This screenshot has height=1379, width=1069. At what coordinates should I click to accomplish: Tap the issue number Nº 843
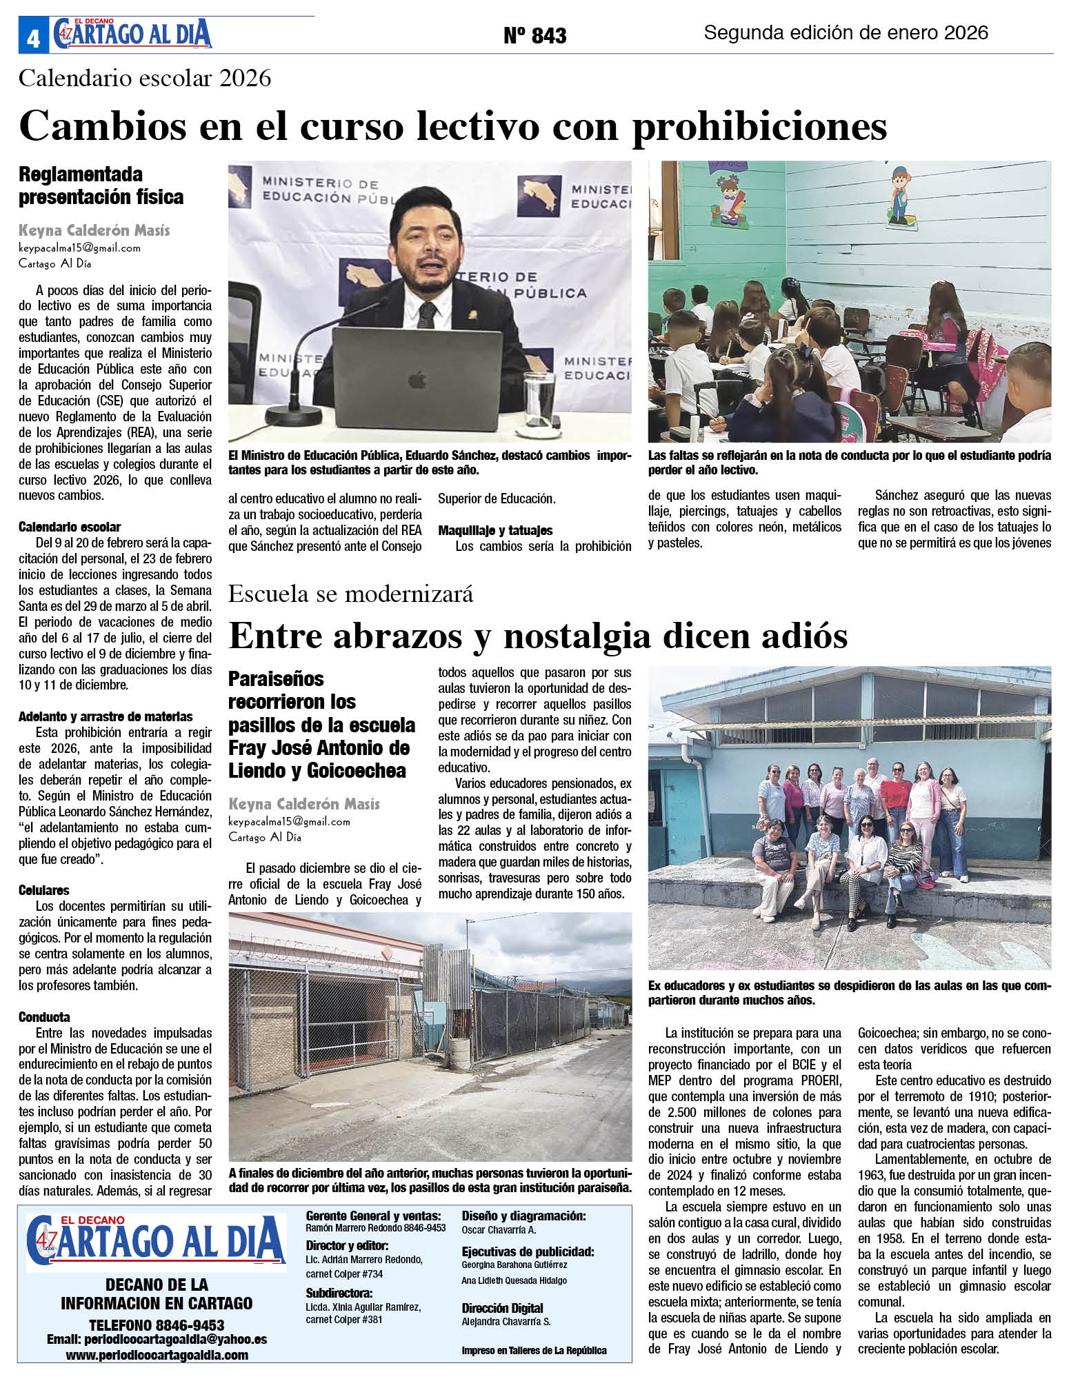tap(534, 35)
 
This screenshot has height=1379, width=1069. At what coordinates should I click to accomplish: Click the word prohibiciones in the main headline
tap(759, 127)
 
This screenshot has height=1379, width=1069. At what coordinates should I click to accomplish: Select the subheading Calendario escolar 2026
tap(145, 78)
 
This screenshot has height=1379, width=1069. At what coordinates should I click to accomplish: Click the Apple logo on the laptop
tap(417, 379)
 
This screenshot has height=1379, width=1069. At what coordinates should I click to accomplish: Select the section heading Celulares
tap(43, 890)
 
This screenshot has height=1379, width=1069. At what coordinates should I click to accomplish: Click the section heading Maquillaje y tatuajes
tap(495, 530)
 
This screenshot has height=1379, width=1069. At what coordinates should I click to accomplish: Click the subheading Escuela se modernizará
tap(350, 594)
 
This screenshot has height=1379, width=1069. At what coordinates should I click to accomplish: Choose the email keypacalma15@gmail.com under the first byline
tap(79, 248)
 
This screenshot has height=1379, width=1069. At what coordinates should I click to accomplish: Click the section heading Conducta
tap(44, 1017)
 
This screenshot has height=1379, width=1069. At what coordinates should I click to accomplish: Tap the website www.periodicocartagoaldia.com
tap(157, 1355)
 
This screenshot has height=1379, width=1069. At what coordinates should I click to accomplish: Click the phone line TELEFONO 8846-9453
tap(157, 1325)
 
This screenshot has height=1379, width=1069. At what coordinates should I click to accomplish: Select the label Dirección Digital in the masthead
tap(502, 1308)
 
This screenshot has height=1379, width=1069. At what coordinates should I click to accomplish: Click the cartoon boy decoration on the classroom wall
tap(899, 195)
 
